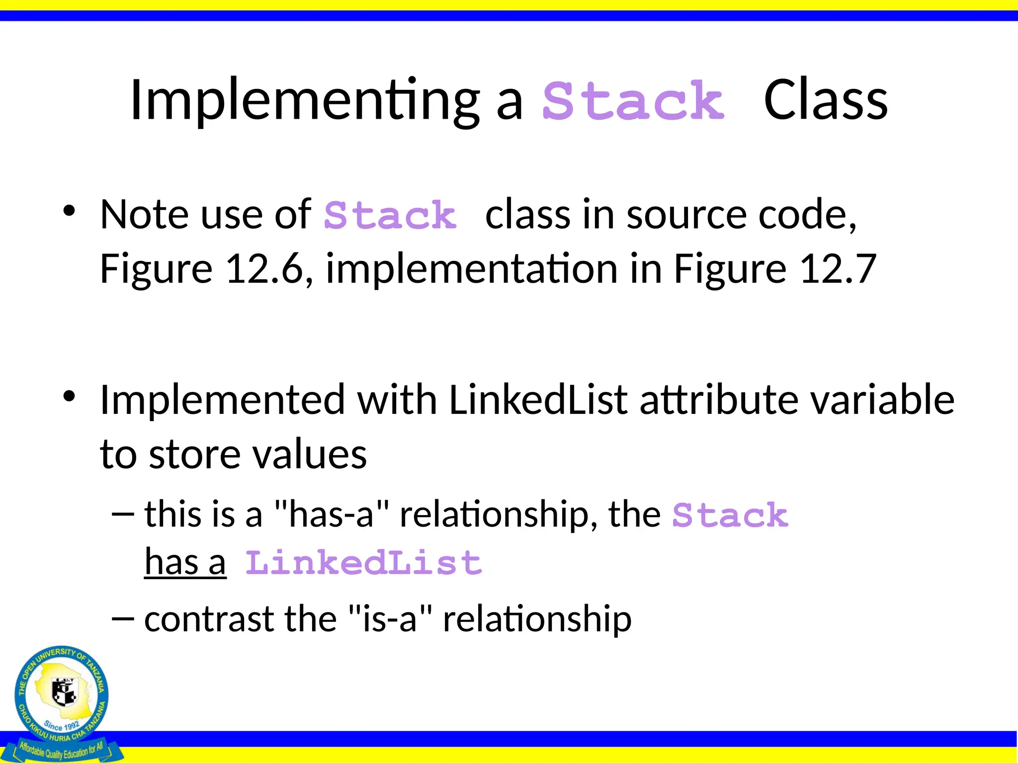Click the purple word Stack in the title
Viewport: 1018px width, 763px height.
tap(633, 101)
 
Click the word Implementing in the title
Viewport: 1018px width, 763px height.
tap(304, 101)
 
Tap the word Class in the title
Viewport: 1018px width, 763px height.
tap(825, 101)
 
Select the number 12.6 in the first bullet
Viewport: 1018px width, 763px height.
tap(264, 269)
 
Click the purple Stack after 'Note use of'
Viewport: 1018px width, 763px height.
tap(390, 216)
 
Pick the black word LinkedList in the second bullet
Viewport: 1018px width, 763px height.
tap(538, 400)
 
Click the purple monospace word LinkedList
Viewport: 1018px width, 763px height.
tap(363, 563)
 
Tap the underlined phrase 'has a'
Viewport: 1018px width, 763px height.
tap(185, 563)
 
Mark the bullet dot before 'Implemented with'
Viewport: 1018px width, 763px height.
tap(69, 396)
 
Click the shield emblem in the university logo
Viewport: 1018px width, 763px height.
tap(64, 692)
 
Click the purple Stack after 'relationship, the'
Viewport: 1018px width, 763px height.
tap(730, 516)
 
